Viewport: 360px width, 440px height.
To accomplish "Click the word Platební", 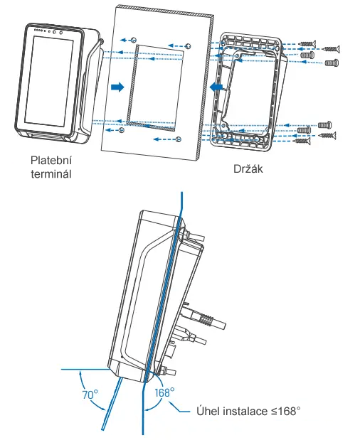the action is (51, 161).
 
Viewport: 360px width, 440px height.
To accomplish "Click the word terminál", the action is (51, 174).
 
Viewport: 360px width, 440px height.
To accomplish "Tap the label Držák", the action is (248, 168).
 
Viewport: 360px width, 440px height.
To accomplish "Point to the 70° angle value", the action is (90, 395).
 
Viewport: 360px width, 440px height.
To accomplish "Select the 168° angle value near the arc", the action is (164, 392).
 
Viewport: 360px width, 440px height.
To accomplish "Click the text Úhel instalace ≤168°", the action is (248, 411).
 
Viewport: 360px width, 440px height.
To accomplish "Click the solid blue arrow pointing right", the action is (117, 87).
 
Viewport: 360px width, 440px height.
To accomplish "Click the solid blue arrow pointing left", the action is (216, 87).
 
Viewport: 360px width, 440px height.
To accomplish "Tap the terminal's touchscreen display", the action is (49, 82).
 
